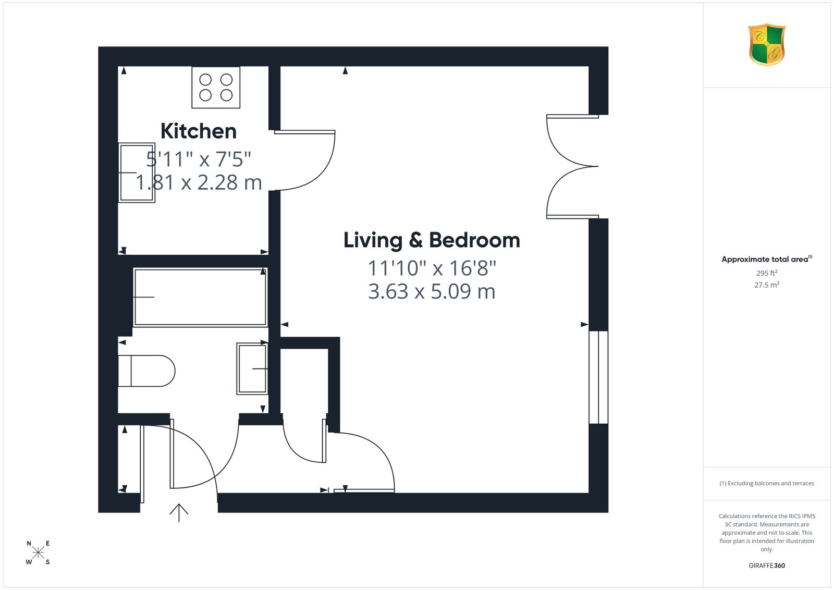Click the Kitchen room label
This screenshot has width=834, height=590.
[x=199, y=131]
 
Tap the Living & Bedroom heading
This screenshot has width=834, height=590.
[x=432, y=240]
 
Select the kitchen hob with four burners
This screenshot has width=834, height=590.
[x=216, y=88]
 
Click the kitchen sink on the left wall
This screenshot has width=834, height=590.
[x=137, y=173]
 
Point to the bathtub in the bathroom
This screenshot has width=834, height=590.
[x=200, y=297]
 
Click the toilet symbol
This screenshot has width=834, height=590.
[x=146, y=371]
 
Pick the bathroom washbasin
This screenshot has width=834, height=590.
[x=252, y=368]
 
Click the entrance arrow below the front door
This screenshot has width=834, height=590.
[x=179, y=513]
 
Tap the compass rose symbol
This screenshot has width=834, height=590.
[x=38, y=552]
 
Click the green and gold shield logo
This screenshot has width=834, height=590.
[x=767, y=45]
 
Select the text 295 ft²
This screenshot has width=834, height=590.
[x=767, y=273]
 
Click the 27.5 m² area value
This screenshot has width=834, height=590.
[x=767, y=285]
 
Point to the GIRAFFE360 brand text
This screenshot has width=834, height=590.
[x=767, y=566]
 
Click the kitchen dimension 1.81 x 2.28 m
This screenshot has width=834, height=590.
[x=199, y=182]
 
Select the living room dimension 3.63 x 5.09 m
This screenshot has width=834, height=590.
[x=432, y=291]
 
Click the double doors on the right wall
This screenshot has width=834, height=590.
[x=573, y=166]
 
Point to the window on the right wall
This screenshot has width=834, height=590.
[x=598, y=377]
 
